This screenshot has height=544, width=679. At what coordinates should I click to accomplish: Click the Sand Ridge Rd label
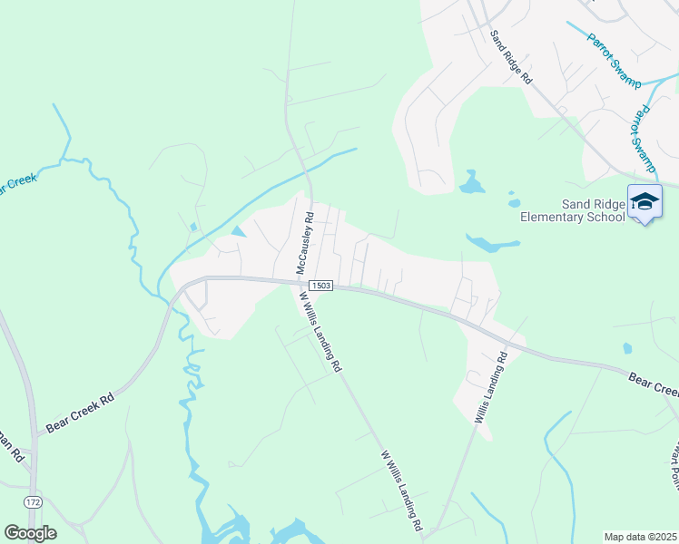510,57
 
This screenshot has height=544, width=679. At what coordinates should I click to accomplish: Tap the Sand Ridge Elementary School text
572,209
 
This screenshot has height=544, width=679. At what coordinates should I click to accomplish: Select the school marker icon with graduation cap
645,203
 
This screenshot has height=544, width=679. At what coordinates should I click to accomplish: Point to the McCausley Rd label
305,244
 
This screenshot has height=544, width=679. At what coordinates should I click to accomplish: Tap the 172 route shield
34,501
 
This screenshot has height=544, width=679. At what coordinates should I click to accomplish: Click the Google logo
30,533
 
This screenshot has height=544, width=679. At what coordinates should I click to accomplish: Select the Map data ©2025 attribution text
640,537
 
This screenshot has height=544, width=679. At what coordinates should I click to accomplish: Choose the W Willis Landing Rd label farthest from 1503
402,490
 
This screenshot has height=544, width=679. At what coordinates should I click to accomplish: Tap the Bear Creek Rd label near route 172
81,413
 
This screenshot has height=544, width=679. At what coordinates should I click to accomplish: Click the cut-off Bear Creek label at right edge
654,384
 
